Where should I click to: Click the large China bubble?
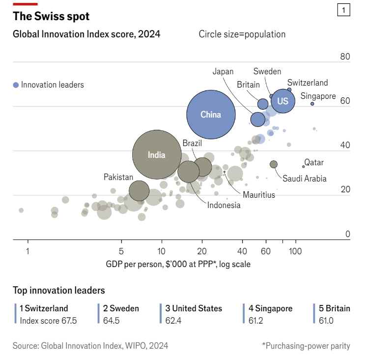point(210,115)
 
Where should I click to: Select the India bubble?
point(157,154)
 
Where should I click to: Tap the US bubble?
point(282,101)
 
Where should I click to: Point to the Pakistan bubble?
point(139,190)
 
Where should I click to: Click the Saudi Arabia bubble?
point(274,164)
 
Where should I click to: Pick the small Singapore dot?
point(312,104)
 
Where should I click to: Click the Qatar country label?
point(314,162)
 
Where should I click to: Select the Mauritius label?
point(258,195)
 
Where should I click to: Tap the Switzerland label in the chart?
point(308,83)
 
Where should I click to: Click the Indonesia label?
point(224,205)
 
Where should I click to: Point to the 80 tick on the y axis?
point(345,57)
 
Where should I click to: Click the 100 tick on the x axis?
point(295,250)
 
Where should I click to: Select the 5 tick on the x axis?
point(121,250)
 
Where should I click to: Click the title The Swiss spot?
point(51,16)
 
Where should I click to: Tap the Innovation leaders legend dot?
point(16,85)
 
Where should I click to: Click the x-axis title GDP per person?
point(178,264)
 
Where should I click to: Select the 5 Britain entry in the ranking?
point(334,309)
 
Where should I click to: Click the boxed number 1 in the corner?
point(343,10)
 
